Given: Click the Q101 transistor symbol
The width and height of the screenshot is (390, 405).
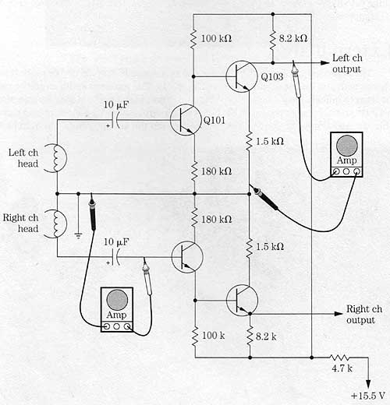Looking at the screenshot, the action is [186, 119].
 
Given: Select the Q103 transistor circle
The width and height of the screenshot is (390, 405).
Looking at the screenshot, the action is [242, 76].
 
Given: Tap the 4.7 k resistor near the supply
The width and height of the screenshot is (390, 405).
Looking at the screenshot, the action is [339, 357].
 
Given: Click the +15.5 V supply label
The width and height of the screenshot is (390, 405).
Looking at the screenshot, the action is [367, 396].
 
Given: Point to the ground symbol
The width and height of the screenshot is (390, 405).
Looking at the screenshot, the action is [78, 236].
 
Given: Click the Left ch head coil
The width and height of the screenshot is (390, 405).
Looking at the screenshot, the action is [56, 157].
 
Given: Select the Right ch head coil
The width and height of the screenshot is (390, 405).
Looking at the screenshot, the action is [56, 223].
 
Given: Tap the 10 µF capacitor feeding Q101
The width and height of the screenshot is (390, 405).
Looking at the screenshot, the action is [115, 120].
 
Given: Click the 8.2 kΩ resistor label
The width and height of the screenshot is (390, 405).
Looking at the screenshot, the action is [293, 38].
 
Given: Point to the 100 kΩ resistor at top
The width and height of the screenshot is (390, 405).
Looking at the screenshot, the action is [193, 39].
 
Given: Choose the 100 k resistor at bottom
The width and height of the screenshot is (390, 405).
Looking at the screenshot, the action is [195, 336].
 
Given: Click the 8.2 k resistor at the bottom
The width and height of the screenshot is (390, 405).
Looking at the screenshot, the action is [250, 336].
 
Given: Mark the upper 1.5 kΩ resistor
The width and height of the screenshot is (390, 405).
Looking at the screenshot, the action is [249, 142].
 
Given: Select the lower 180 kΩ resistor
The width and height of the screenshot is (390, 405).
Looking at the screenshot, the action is [194, 220].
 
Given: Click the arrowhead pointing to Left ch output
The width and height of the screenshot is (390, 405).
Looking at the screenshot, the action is [325, 63].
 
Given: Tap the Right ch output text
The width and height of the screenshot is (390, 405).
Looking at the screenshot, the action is [364, 315].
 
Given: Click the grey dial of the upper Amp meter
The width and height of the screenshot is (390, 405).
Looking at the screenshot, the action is [346, 146].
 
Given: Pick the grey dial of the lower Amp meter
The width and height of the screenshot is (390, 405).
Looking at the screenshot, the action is [117, 300].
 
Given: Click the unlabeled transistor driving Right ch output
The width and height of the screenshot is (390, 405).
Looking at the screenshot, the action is [242, 301].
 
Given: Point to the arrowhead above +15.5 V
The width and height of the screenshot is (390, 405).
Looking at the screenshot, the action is [368, 385].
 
